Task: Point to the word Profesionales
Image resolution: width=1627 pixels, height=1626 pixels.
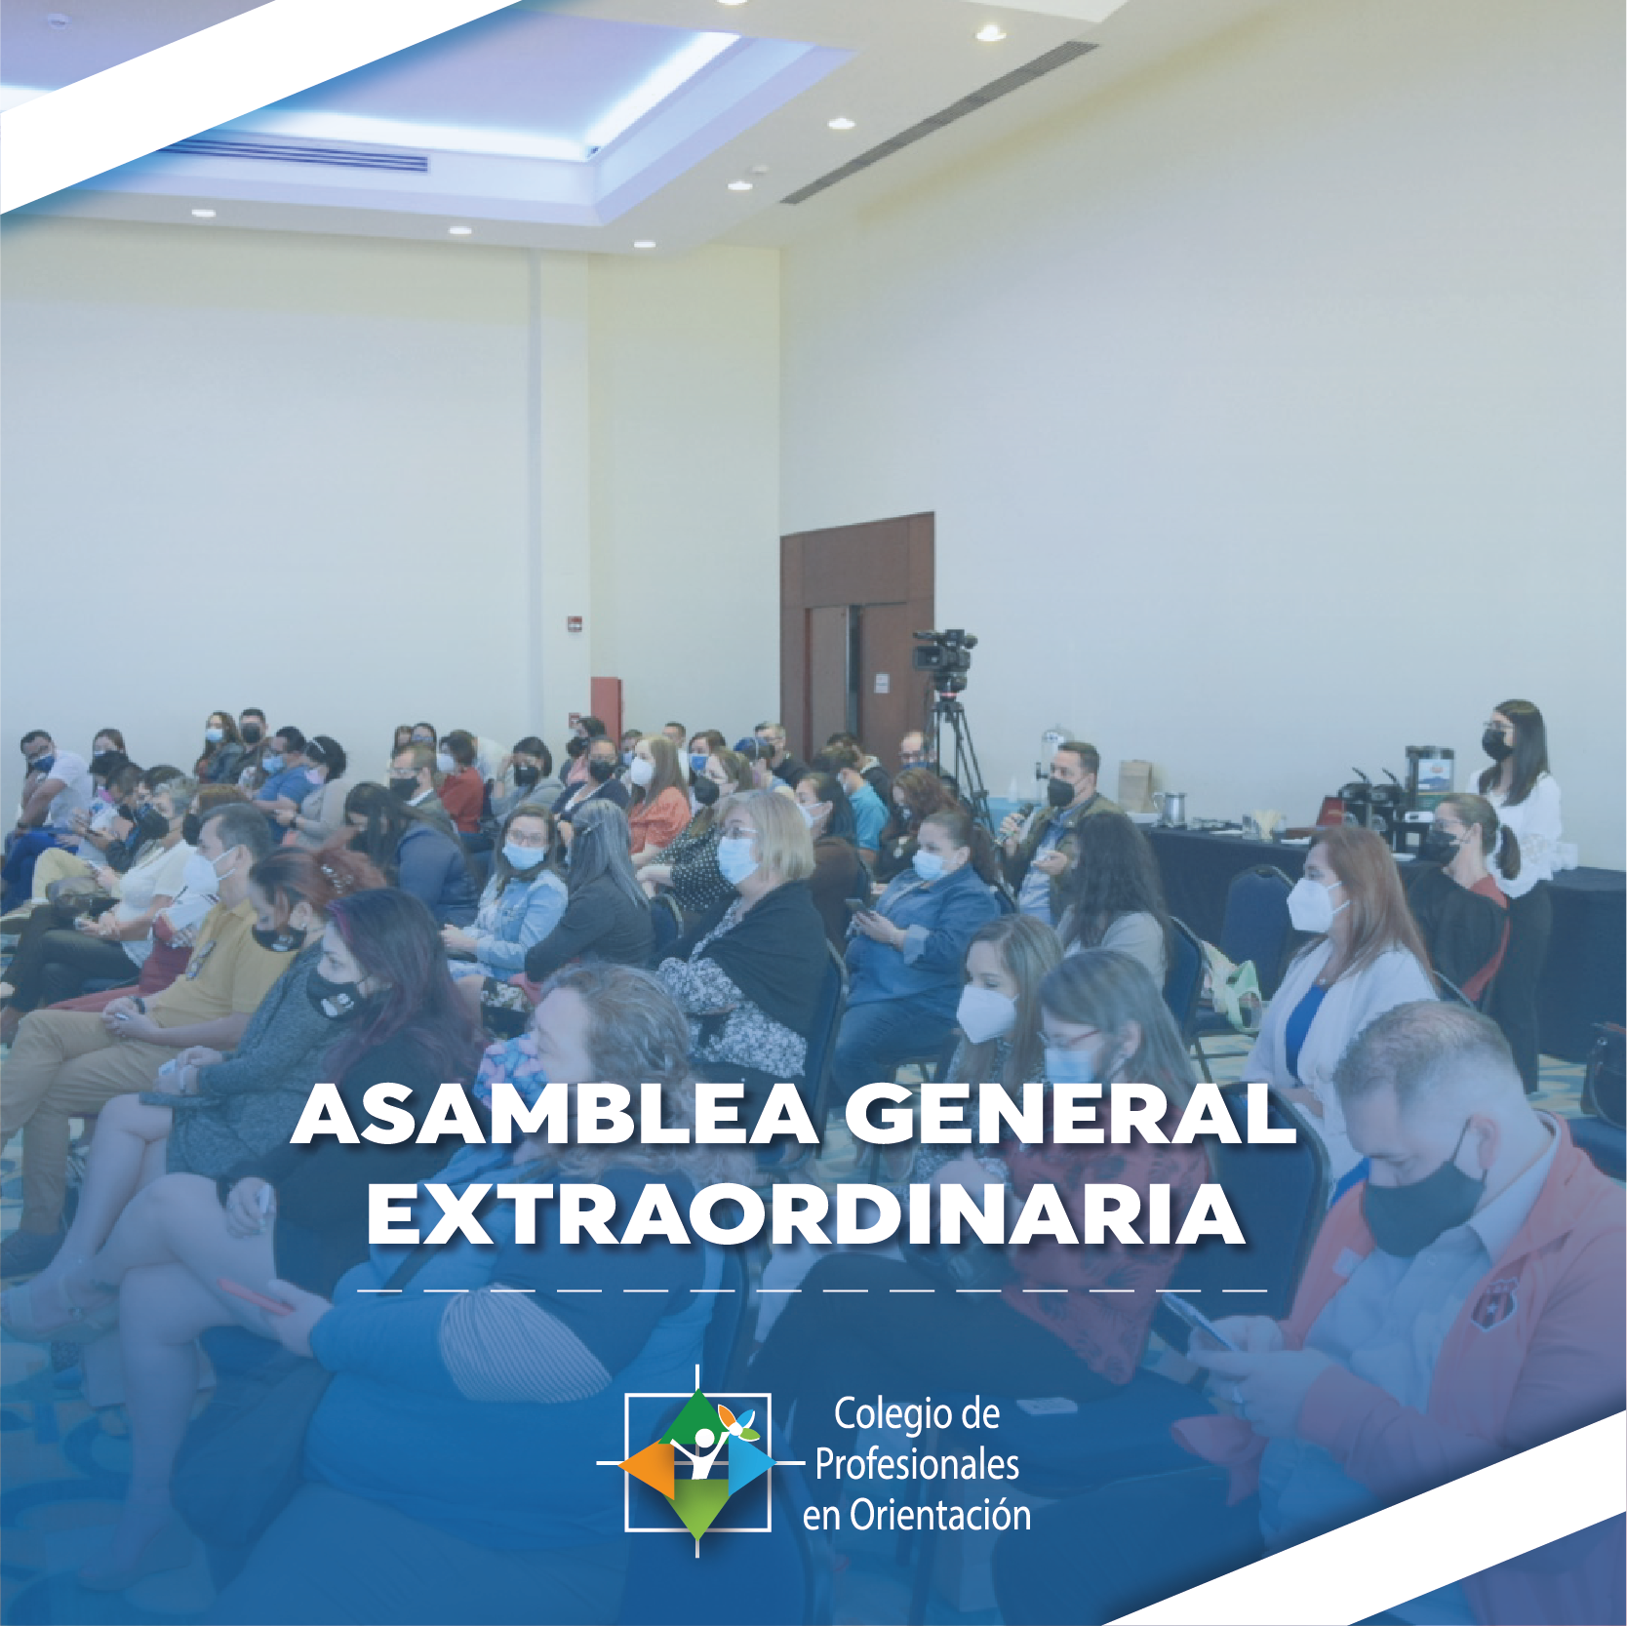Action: click(x=917, y=1465)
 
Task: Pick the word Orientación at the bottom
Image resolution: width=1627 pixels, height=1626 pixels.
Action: click(x=940, y=1516)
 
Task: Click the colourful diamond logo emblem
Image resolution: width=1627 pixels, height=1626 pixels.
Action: click(x=696, y=1462)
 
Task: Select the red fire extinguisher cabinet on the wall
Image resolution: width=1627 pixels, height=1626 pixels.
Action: click(x=606, y=706)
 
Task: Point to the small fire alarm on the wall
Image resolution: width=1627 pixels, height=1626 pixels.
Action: click(x=577, y=623)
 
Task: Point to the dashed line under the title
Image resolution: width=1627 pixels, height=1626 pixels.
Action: click(x=813, y=1290)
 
